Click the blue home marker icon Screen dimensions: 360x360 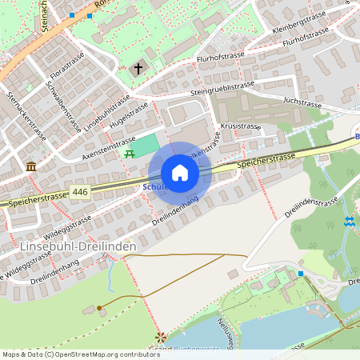pos(180,173)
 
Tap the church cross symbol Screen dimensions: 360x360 pos(138,70)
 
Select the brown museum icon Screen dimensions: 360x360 pos(31,166)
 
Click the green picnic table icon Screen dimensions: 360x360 pos(130,152)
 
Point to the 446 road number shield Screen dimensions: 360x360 pos(79,192)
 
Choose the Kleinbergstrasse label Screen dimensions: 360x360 pos(298,22)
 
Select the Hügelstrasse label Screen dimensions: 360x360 pos(129,115)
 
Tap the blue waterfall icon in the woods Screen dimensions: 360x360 pos(349,222)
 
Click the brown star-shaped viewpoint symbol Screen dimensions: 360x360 pos(161,337)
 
